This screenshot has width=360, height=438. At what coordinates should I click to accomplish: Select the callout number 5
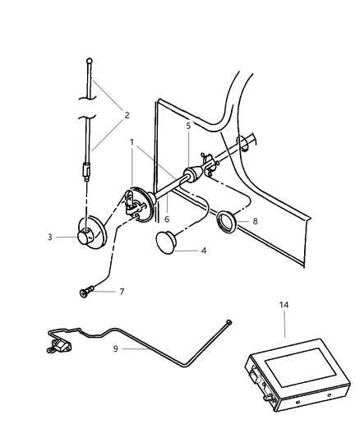click(187, 126)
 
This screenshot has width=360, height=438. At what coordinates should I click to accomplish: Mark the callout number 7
click(122, 291)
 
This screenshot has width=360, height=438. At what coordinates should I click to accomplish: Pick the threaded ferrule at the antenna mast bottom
click(87, 174)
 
